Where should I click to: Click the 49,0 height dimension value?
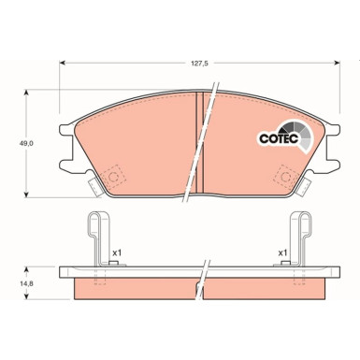click(27, 144)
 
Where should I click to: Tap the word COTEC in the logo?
click(277, 137)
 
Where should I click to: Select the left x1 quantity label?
click(117, 252)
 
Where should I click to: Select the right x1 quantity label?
click(281, 252)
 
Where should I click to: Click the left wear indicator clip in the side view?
click(96, 239)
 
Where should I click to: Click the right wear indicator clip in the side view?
click(301, 239)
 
